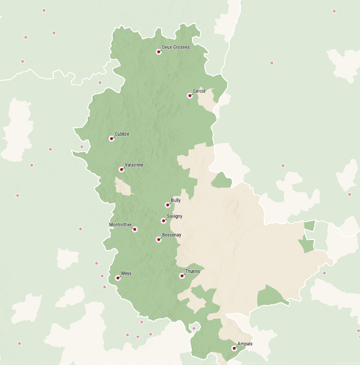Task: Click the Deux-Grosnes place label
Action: (176, 47)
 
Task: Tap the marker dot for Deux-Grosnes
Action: (158, 52)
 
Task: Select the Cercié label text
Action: (199, 92)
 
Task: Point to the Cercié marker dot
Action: (190, 96)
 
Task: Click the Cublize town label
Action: (122, 134)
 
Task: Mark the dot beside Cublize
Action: (112, 138)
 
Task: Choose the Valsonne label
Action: (134, 165)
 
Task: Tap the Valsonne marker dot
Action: (122, 170)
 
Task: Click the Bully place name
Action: (176, 201)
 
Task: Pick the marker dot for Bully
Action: (168, 205)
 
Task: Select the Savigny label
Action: (175, 216)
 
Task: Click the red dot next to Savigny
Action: (164, 221)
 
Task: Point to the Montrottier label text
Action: (120, 225)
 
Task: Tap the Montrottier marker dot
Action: (135, 229)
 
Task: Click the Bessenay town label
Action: (172, 235)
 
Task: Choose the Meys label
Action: (127, 273)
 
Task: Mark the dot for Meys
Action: (118, 278)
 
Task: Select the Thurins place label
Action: (193, 271)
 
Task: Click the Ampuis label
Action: (245, 344)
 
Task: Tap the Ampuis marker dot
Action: (234, 349)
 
